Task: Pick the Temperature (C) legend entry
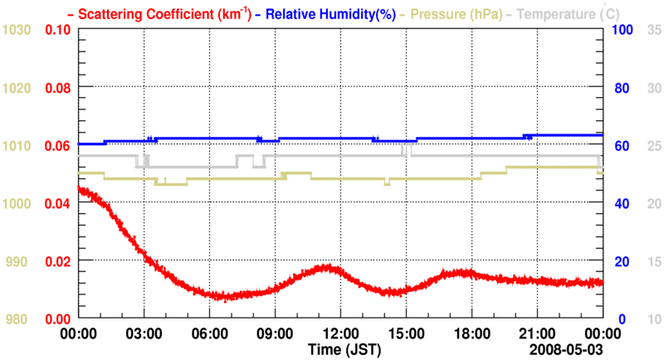(x=559, y=14)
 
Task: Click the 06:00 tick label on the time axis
(x=209, y=333)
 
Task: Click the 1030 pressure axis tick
(x=17, y=30)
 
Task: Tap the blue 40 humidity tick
(x=619, y=203)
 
